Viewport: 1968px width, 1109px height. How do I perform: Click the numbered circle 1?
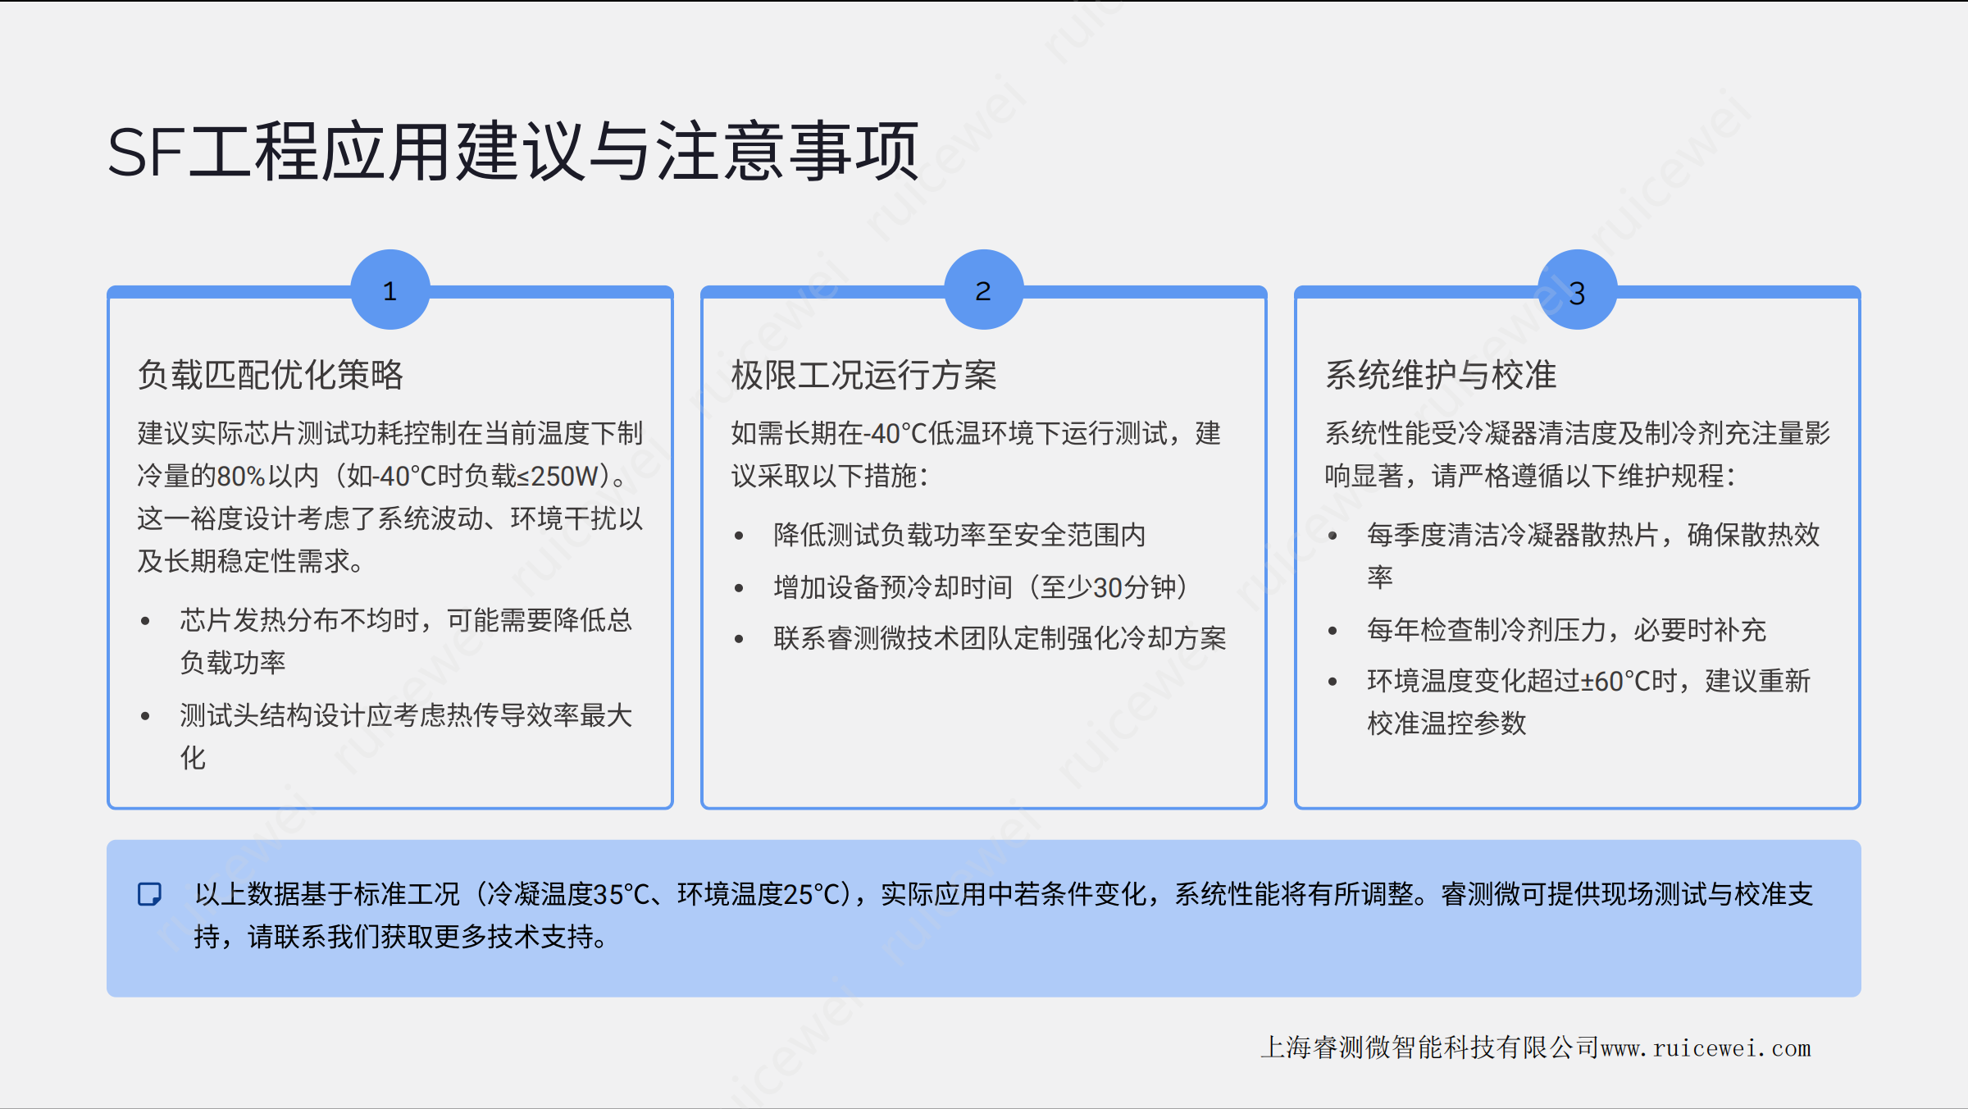click(390, 290)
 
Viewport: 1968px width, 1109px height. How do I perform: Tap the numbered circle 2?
click(984, 290)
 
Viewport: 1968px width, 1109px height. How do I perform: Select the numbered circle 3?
click(1578, 290)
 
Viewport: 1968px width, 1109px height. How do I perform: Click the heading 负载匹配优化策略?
click(271, 375)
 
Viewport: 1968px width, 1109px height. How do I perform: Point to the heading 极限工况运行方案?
click(864, 375)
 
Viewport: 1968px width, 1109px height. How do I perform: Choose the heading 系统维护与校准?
click(1441, 375)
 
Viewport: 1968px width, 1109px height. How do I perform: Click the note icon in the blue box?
click(149, 894)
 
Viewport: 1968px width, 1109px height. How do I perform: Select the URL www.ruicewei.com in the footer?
click(1706, 1048)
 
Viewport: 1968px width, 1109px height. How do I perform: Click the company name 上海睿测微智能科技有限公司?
click(1430, 1047)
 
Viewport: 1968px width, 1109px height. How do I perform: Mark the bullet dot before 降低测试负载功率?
click(739, 536)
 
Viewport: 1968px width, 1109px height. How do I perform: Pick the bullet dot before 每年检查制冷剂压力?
click(1332, 631)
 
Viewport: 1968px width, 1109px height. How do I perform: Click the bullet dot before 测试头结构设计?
click(145, 716)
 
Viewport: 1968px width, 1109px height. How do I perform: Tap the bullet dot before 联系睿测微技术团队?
click(739, 639)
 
